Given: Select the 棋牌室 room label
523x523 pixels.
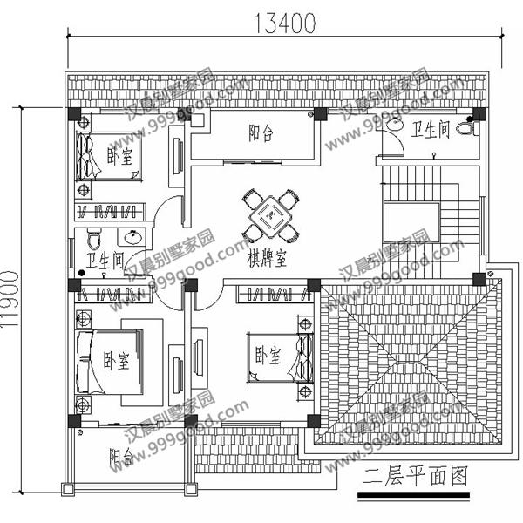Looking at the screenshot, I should (268, 259).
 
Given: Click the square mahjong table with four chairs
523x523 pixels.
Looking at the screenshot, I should (268, 215).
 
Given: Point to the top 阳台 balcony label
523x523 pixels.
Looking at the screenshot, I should (261, 133).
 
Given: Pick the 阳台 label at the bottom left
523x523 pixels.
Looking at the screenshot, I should (121, 458).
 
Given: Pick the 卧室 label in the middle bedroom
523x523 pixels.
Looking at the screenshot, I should (268, 356).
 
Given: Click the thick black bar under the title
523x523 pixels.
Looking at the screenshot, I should (413, 497).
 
